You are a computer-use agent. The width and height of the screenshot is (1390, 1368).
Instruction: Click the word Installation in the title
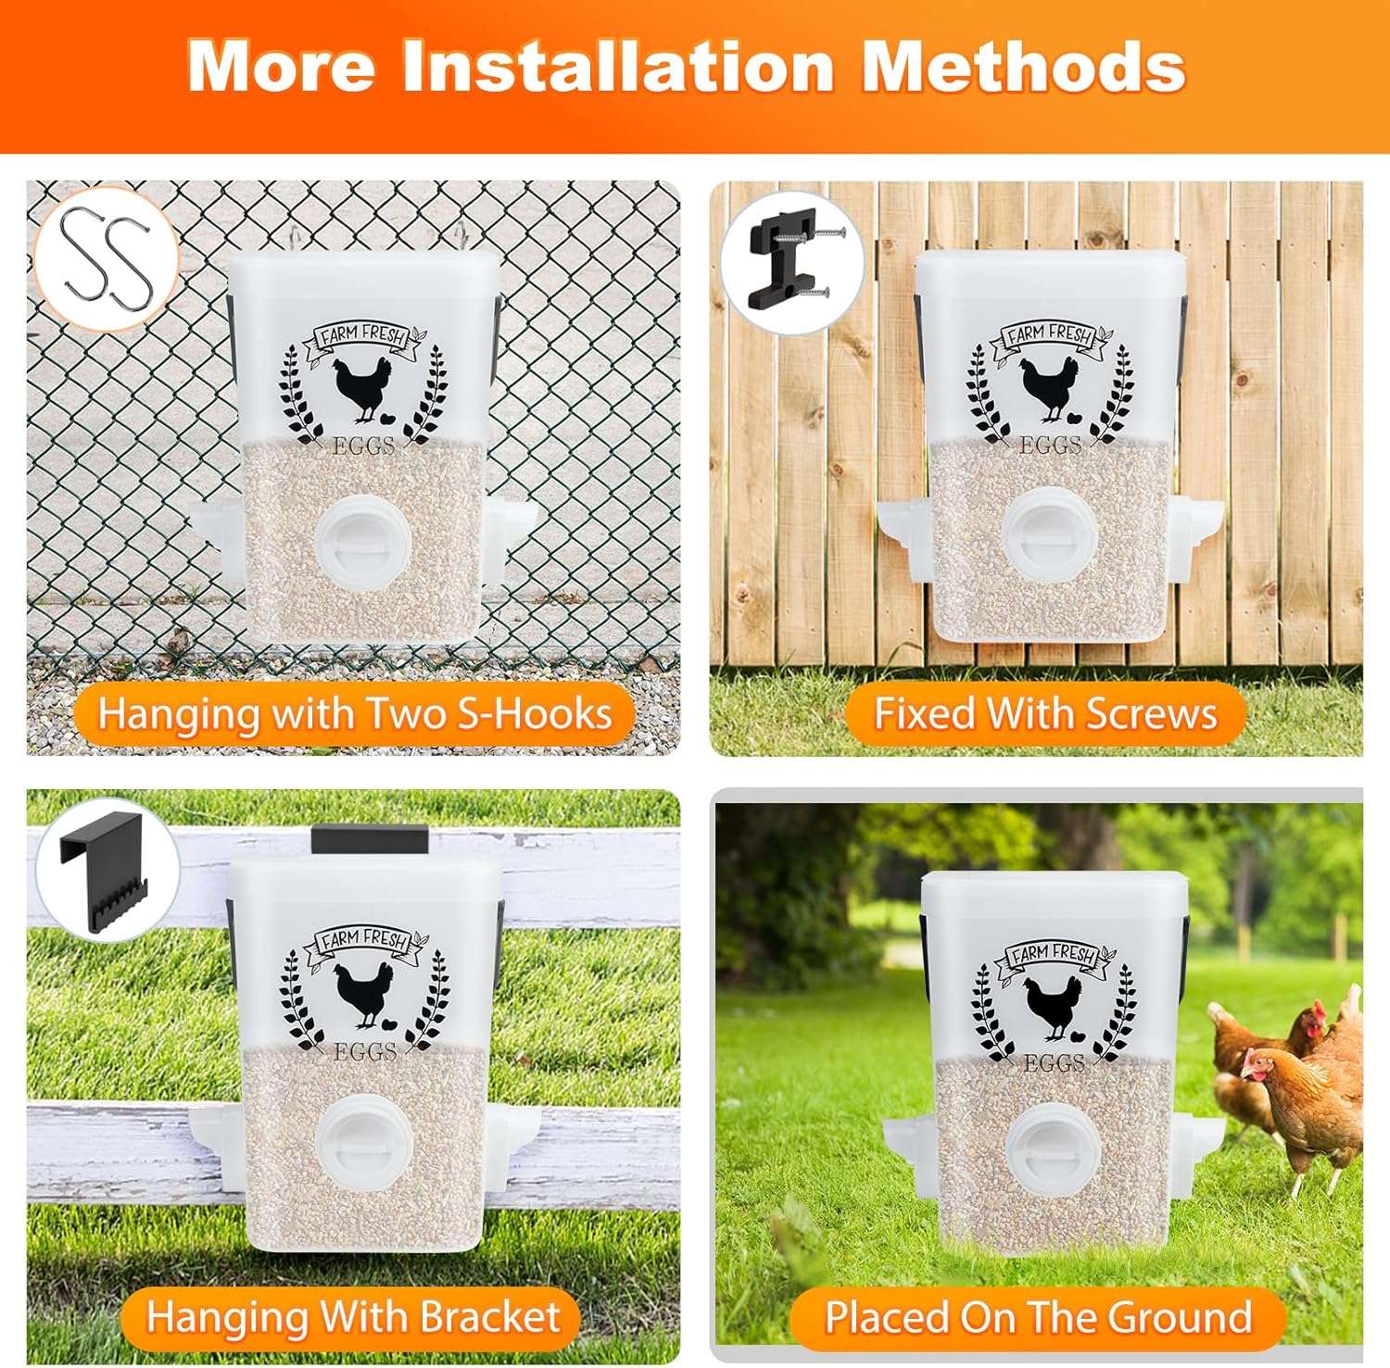pyautogui.click(x=618, y=67)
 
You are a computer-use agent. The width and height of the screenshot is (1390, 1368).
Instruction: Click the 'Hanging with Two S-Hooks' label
pyautogui.click(x=355, y=714)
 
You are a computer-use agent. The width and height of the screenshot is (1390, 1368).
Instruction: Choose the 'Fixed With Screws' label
pyautogui.click(x=1045, y=714)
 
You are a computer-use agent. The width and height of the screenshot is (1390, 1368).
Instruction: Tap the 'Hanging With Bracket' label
pyautogui.click(x=352, y=1316)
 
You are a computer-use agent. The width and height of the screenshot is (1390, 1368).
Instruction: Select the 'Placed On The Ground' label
pyautogui.click(x=1038, y=1316)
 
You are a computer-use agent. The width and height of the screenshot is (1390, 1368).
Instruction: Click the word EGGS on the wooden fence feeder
pyautogui.click(x=1050, y=446)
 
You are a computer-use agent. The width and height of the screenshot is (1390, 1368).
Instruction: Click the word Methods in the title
pyautogui.click(x=1024, y=67)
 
